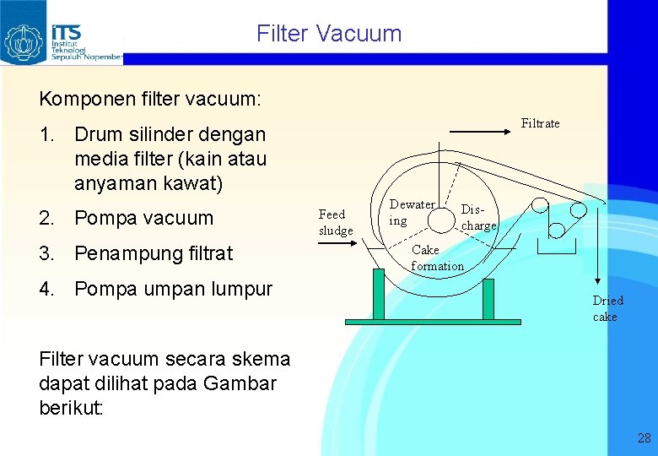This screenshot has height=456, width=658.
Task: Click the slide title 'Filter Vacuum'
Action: [x=329, y=34]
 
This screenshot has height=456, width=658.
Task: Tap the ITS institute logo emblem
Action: [x=24, y=40]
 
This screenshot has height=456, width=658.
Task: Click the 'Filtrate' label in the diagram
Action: [x=540, y=123]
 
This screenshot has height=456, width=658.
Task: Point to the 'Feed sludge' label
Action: [x=336, y=222]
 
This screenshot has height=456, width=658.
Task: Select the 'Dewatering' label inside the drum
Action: [x=412, y=212]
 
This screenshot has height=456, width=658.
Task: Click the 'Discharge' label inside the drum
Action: [x=478, y=218]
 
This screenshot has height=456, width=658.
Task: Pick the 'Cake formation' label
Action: [x=437, y=258]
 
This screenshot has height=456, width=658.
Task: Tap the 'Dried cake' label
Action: [x=607, y=308]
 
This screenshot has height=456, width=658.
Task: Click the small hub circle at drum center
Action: [x=441, y=220]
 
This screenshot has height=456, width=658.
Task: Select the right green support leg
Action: [x=488, y=298]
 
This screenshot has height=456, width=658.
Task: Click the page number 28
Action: [x=645, y=438]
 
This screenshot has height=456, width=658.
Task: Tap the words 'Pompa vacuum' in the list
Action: [x=143, y=218]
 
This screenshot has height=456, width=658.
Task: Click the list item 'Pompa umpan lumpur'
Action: [x=173, y=289]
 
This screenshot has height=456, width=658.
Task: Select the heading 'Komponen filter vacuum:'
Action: [x=150, y=99]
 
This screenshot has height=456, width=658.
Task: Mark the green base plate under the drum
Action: [x=433, y=322]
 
